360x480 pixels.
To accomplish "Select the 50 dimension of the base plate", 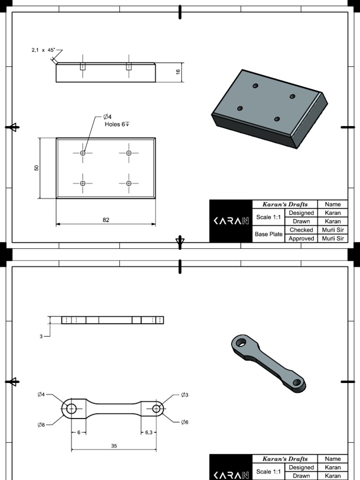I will click(x=37, y=168).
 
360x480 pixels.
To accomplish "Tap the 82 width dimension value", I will click(x=106, y=219).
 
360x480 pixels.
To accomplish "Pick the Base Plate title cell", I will click(x=269, y=233).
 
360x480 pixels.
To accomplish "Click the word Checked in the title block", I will click(x=301, y=230).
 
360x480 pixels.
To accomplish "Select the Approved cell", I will click(x=301, y=238).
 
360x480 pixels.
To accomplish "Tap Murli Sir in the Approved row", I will click(x=333, y=238).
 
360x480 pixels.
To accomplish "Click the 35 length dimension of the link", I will click(x=114, y=446).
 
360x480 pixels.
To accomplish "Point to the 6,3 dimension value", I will click(x=149, y=432).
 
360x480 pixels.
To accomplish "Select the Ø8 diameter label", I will click(x=41, y=425).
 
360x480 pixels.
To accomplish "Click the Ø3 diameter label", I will click(x=184, y=395).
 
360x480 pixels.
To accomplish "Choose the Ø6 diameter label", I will click(x=184, y=422).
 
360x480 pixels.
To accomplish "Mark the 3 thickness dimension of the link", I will click(x=41, y=336).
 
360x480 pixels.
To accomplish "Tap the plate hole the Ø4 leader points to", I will click(x=83, y=153).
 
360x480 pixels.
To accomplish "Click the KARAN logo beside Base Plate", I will click(x=231, y=221).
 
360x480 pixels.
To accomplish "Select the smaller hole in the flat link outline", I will click(x=156, y=409).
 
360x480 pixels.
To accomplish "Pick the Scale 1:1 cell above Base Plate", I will click(x=269, y=217).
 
